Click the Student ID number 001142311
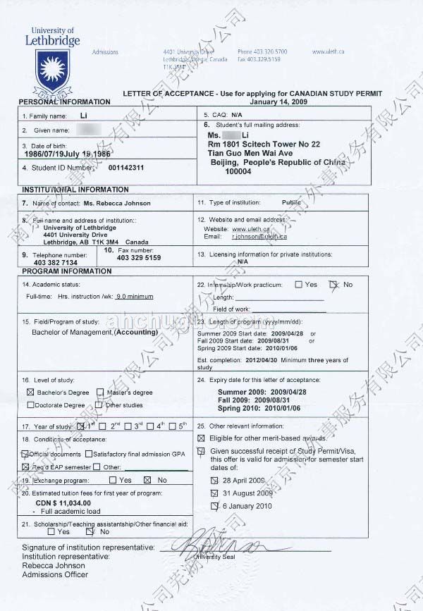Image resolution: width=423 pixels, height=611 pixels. click(127, 168)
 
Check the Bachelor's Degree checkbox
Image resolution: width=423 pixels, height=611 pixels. click(30, 392)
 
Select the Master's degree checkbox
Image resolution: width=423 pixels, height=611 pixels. click(101, 392)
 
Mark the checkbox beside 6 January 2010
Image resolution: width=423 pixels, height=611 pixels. click(216, 506)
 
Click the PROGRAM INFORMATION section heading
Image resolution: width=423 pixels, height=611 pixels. click(67, 271)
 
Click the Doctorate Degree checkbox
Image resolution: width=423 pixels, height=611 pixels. click(30, 405)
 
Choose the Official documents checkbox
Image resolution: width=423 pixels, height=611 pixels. click(25, 454)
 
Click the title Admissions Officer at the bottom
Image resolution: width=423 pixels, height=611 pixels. click(55, 574)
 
